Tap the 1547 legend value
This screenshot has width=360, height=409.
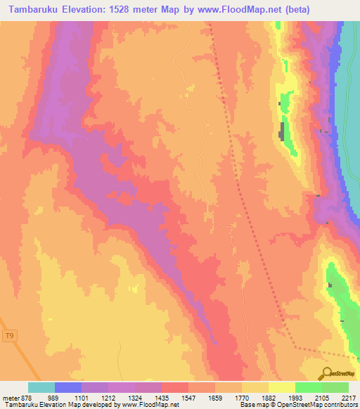pyautogui.click(x=188, y=398)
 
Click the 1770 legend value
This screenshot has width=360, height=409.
pyautogui.click(x=242, y=398)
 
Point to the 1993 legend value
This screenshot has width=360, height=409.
pyautogui.click(x=295, y=398)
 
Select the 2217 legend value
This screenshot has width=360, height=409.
pyautogui.click(x=347, y=398)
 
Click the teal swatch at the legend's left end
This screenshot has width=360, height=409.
pyautogui.click(x=41, y=387)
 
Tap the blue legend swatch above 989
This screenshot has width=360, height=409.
pyautogui.click(x=68, y=387)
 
